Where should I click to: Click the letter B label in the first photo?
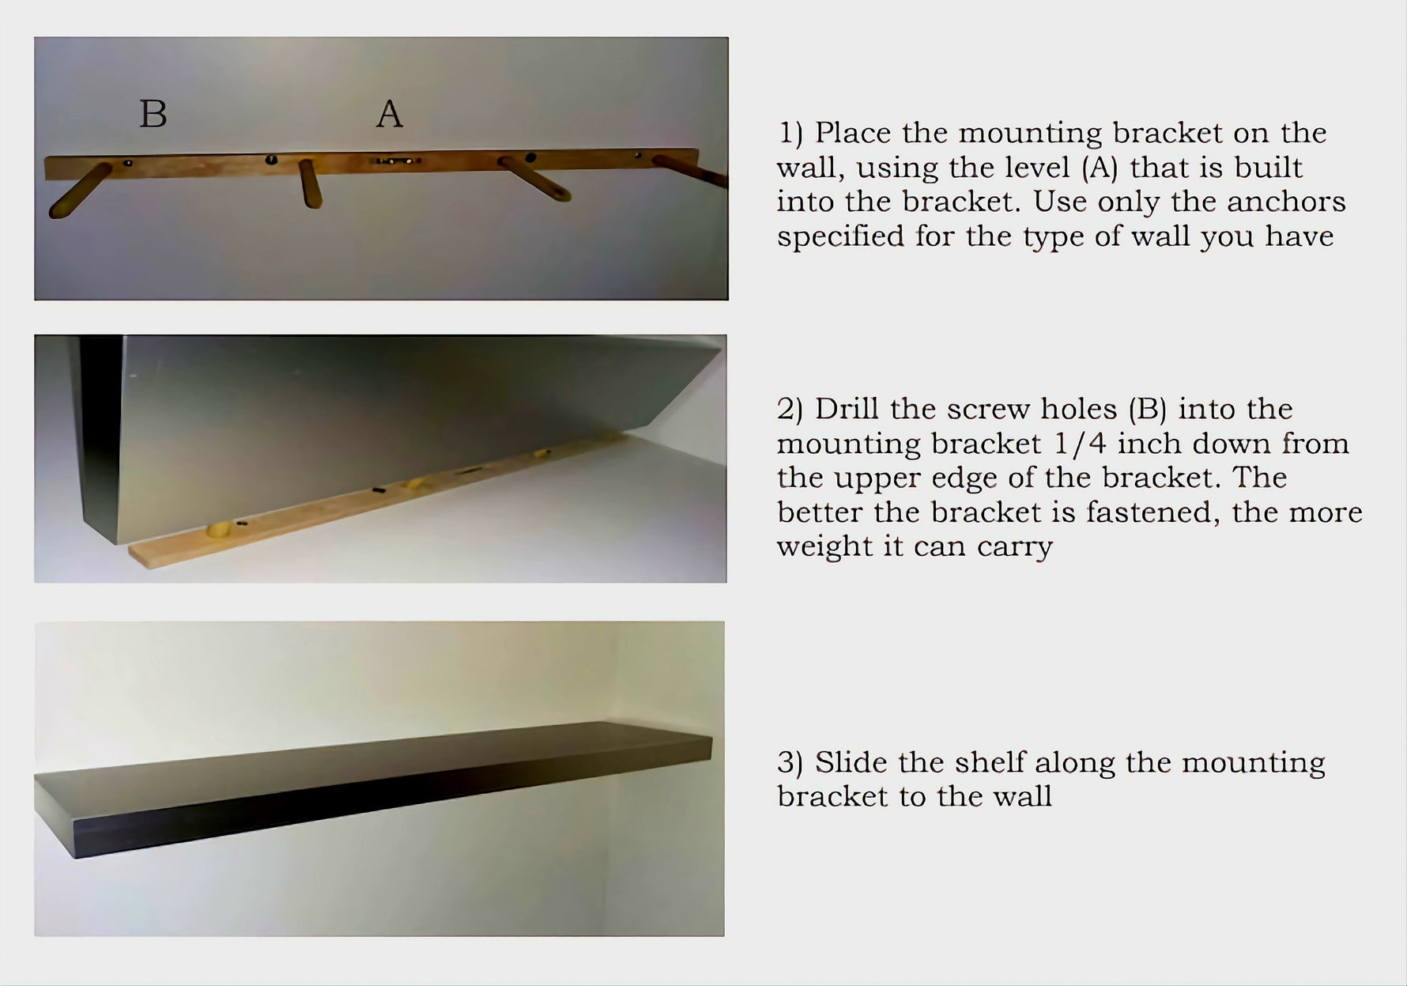click(x=153, y=114)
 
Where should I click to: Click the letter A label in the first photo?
click(x=389, y=114)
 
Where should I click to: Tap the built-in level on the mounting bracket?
click(x=398, y=161)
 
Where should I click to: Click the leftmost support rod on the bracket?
click(x=79, y=191)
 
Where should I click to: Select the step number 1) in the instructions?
click(x=790, y=133)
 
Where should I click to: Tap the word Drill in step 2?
click(x=847, y=409)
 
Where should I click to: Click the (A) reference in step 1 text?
click(x=1099, y=168)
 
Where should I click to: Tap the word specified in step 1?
click(x=840, y=236)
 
